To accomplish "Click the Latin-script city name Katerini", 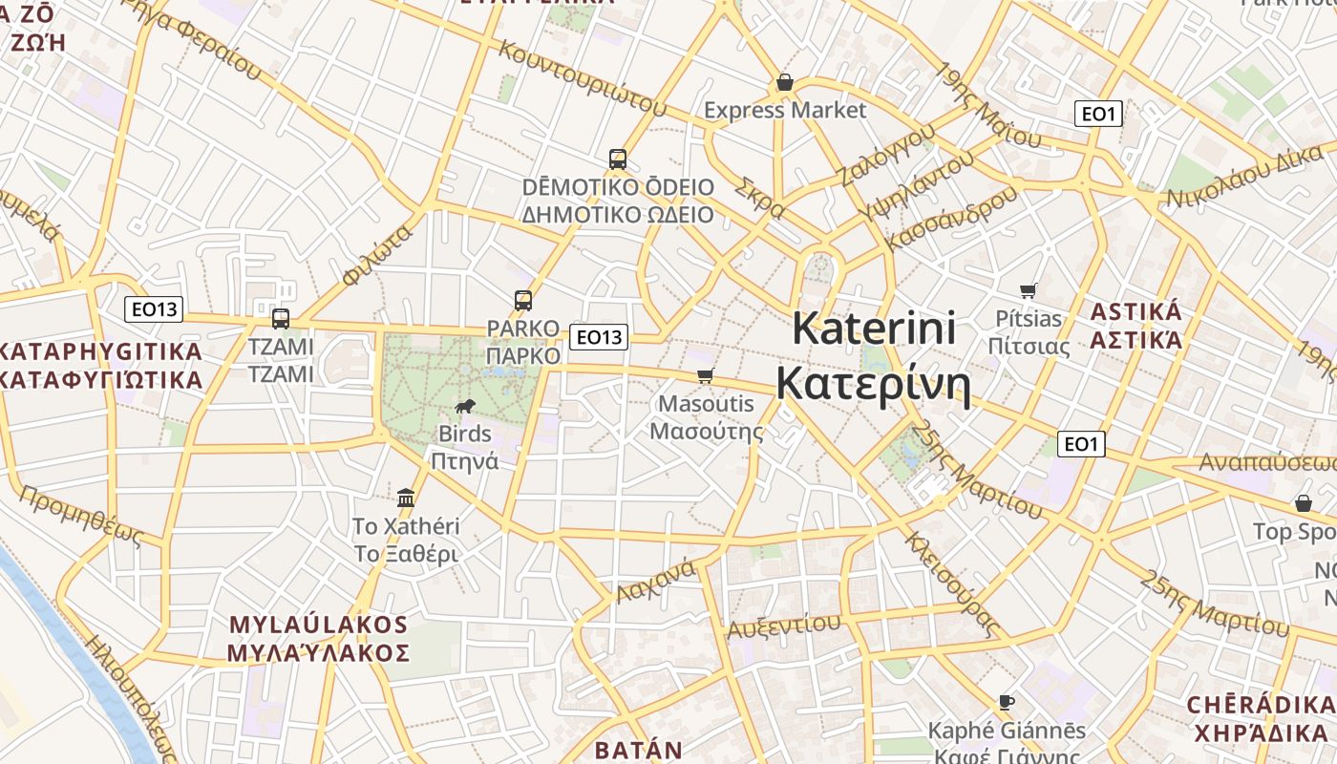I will click(x=874, y=329).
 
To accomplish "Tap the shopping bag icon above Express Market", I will click(x=785, y=82).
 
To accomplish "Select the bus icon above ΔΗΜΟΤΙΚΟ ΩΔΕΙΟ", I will click(x=618, y=159).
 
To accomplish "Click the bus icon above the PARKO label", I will click(x=523, y=301).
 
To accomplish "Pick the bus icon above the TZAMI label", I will click(x=281, y=319).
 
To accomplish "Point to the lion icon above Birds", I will click(x=465, y=408).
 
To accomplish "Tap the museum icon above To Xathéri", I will click(x=406, y=498).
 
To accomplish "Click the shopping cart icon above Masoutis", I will click(x=706, y=376).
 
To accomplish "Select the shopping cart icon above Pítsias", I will click(x=1029, y=290).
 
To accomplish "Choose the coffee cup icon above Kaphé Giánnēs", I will click(x=1007, y=703).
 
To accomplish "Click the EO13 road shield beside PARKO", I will click(x=599, y=336).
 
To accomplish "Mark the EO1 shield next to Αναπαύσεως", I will click(x=1081, y=443).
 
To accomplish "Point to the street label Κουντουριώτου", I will click(x=581, y=76).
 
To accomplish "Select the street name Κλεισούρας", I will click(x=950, y=584).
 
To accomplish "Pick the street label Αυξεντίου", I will click(x=784, y=626).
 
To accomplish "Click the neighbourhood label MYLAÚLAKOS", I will click(x=319, y=626).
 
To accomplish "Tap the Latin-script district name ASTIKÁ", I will click(x=1136, y=312).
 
